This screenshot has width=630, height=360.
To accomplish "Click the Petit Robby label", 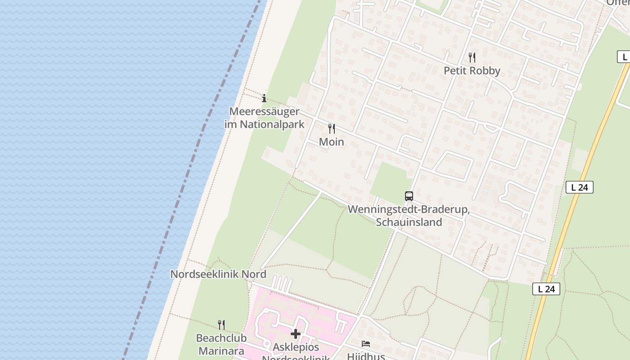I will tap(472, 71).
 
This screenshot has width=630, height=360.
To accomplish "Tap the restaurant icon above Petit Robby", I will tap(472, 57).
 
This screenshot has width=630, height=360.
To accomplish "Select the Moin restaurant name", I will tap(331, 142).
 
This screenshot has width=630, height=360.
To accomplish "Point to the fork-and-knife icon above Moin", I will tap(332, 129).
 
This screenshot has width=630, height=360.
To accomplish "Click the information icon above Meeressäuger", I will tap(264, 98).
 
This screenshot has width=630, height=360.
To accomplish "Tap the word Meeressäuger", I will tap(264, 111).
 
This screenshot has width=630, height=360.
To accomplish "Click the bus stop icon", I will tap(409, 196).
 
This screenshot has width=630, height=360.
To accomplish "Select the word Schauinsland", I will tap(409, 222).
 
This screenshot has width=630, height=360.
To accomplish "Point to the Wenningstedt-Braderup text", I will tap(409, 210).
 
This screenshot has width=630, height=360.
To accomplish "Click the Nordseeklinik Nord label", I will tap(218, 274).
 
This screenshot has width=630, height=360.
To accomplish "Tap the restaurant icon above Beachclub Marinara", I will tap(221, 324).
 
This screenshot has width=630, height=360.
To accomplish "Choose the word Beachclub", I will tap(221, 338).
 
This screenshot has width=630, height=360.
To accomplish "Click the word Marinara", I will tap(221, 351).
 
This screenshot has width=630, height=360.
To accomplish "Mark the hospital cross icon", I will tap(296, 334).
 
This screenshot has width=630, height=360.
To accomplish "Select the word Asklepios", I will tap(296, 347).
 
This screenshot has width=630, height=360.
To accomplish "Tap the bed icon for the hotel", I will tap(366, 344).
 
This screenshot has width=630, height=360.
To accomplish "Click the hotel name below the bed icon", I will tap(366, 356).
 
